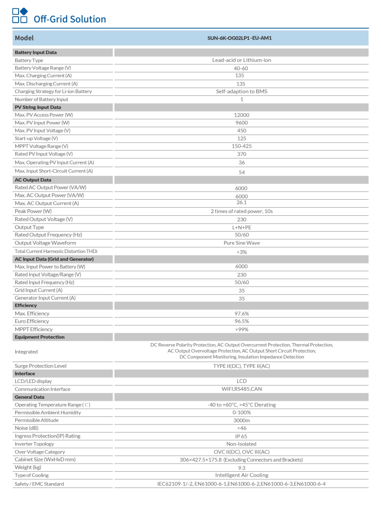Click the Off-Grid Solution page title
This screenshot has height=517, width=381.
coord(70,19)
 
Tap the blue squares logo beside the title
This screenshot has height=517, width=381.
coord(20,15)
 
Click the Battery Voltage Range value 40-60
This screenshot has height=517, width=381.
coord(241,68)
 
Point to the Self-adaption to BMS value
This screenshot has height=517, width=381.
coord(241,91)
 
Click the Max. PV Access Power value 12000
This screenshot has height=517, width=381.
coord(241,115)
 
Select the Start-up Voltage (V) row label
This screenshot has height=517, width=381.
coord(37,138)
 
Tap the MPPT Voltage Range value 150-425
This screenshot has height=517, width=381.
coord(241,146)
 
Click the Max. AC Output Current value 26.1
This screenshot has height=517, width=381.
coord(241,203)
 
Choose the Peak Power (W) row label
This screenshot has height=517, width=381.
coord(33,211)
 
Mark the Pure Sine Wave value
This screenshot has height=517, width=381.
coord(241,243)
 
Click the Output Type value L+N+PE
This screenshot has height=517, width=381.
coord(241,227)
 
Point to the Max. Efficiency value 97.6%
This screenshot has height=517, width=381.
coord(241,314)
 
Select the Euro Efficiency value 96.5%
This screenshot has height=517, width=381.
coord(241,321)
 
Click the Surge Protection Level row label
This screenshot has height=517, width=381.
coord(40,366)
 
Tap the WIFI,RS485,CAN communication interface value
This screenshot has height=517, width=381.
coord(241,389)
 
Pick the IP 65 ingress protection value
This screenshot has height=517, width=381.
coord(241,436)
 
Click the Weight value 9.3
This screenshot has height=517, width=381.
coord(241,467)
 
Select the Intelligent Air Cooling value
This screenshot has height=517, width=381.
coord(241,475)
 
